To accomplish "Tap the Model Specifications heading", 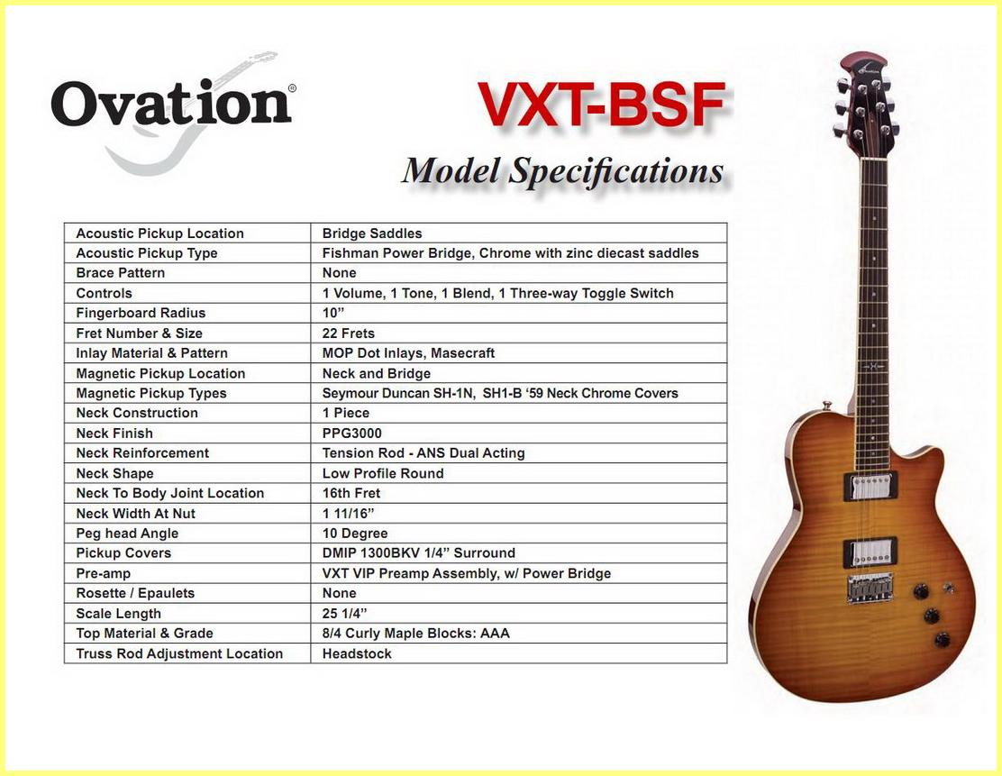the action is click(x=563, y=172).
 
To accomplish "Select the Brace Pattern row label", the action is click(x=120, y=273).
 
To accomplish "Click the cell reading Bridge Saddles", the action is click(x=372, y=233).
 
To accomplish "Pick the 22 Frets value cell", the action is click(x=349, y=333).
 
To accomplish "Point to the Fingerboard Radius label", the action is click(x=141, y=314).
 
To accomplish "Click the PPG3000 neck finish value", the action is click(x=351, y=434).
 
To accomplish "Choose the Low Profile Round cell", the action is click(x=383, y=474).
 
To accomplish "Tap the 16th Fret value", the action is click(x=351, y=494).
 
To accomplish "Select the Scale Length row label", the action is click(x=118, y=614).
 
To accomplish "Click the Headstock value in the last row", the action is click(x=357, y=654).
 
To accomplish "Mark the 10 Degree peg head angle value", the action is click(x=355, y=534).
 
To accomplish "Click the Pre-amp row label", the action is click(x=103, y=573).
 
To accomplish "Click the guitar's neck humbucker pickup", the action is click(x=870, y=486).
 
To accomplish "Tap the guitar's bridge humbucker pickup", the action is click(x=870, y=552).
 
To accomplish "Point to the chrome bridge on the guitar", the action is click(x=870, y=588).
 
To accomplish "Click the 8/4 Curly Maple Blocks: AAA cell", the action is click(x=416, y=634).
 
